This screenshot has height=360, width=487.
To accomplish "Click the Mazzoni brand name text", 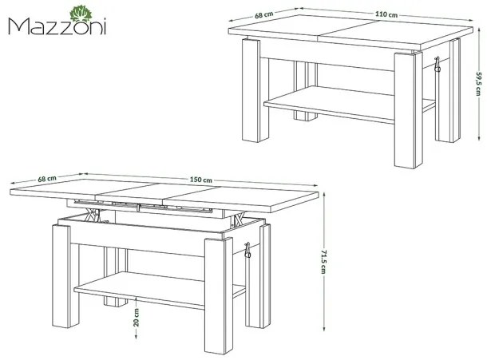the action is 57,26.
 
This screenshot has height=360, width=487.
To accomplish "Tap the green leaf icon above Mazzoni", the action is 81,14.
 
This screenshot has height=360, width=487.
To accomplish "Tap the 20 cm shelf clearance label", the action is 136,318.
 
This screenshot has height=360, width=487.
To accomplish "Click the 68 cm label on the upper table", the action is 264,15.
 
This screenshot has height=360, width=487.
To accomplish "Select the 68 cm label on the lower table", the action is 47,179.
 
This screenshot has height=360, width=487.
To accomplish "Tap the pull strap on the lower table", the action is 247,250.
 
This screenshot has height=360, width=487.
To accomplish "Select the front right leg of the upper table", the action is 409,110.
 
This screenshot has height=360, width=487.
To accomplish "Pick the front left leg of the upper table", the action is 251,90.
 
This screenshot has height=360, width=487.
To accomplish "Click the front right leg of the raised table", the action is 219,296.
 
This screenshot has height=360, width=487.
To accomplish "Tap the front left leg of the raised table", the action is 61,276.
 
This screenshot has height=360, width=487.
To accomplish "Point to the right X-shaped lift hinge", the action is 238,220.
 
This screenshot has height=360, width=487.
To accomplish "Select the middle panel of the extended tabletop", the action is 153,192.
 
